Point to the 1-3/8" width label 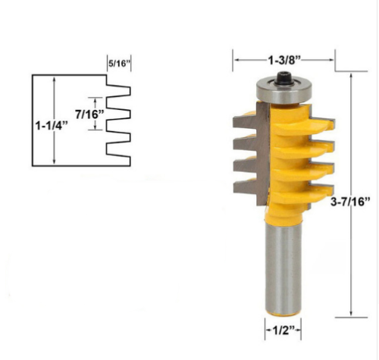[x=285, y=58]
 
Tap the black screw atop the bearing [x=284, y=76]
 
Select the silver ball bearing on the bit [x=284, y=89]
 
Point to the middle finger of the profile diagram [x=121, y=114]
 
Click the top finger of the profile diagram [x=121, y=90]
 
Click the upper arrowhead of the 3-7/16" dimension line [x=352, y=76]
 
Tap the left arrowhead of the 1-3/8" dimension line [x=236, y=58]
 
